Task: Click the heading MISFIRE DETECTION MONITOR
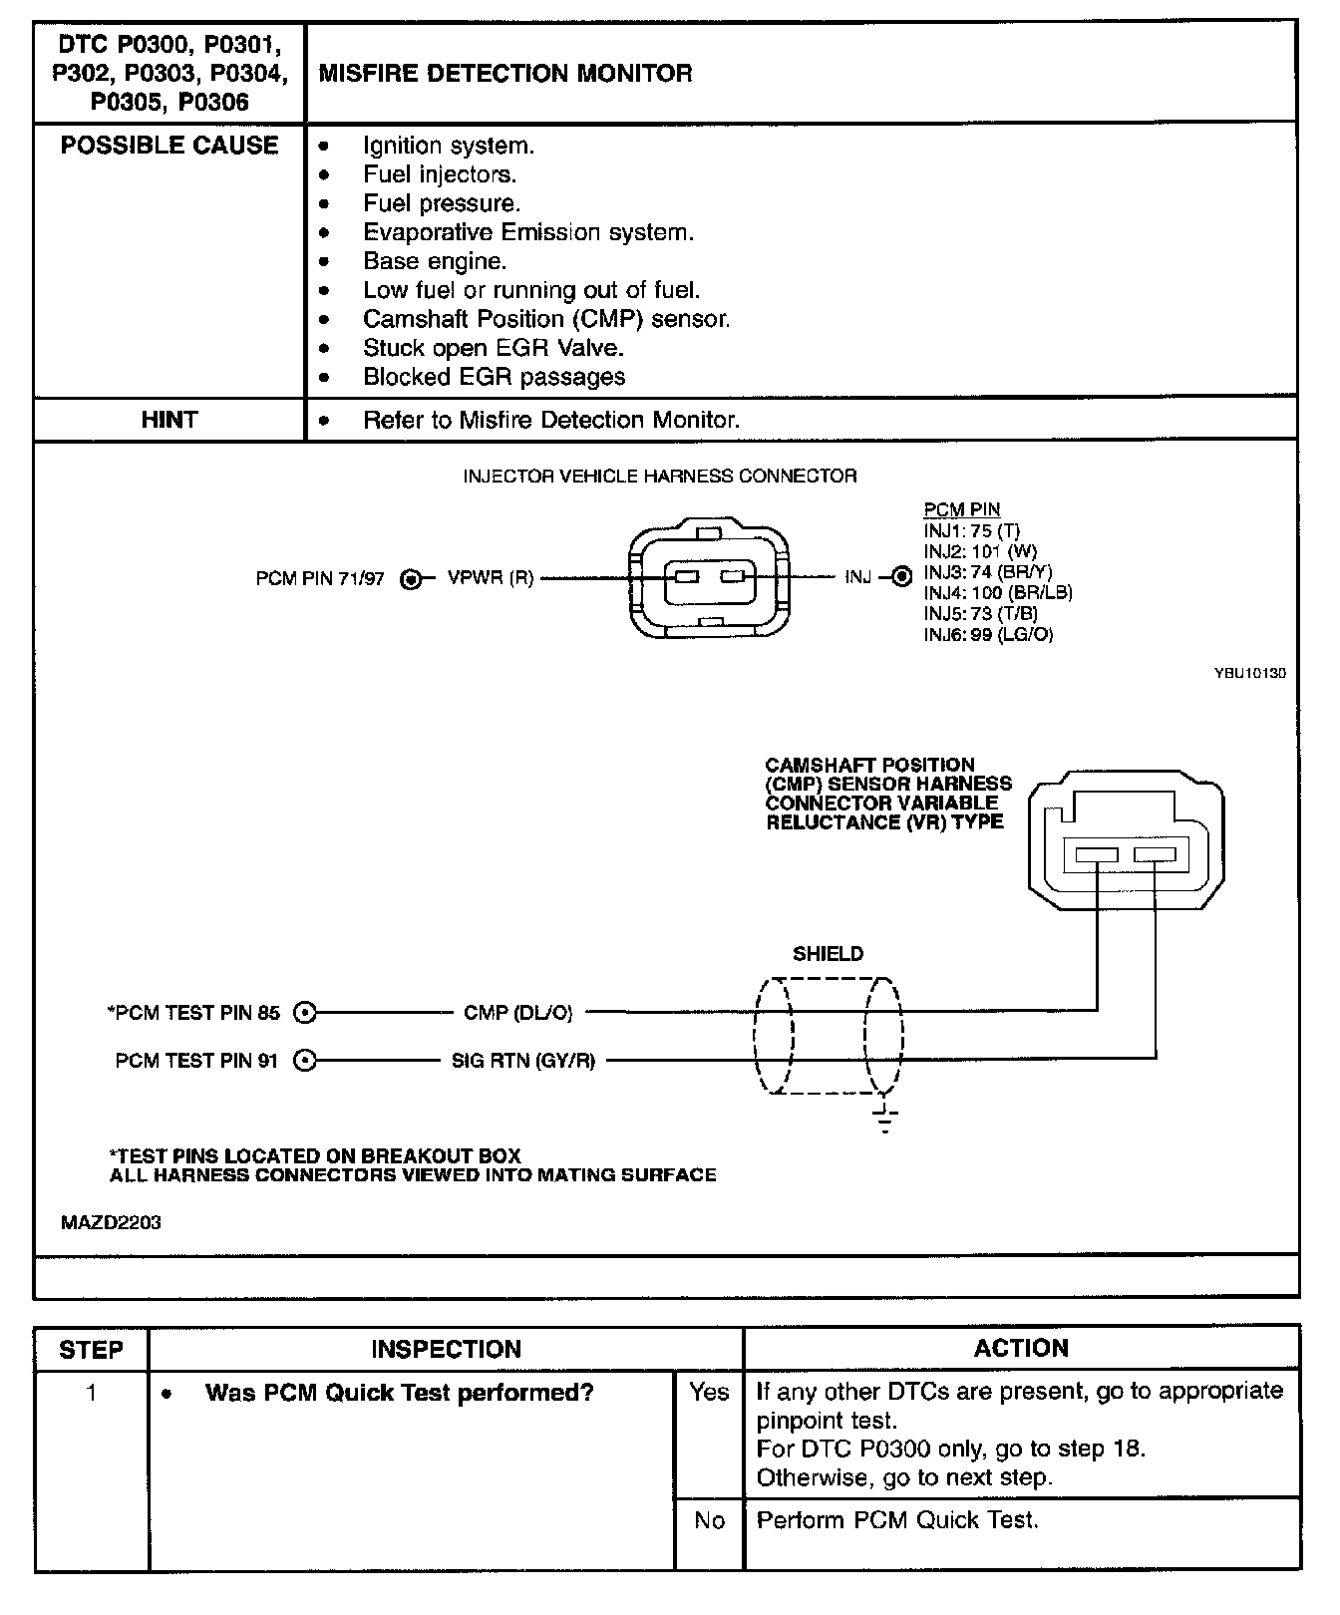504,73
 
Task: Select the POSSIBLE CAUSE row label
169,146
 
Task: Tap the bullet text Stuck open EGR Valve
493,348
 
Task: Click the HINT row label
169,420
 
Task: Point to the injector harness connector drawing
708,577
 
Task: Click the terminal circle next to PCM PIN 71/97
411,578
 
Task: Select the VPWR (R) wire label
491,578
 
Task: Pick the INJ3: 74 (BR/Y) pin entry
987,572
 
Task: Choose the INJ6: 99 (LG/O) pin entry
987,635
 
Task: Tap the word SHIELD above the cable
828,954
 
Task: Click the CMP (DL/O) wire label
518,1013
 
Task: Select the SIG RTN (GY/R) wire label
523,1061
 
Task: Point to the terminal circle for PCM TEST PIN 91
306,1061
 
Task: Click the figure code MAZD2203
111,1222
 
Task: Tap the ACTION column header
1021,1348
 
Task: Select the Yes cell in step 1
709,1392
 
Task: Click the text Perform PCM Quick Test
897,1520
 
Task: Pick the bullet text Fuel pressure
442,203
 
